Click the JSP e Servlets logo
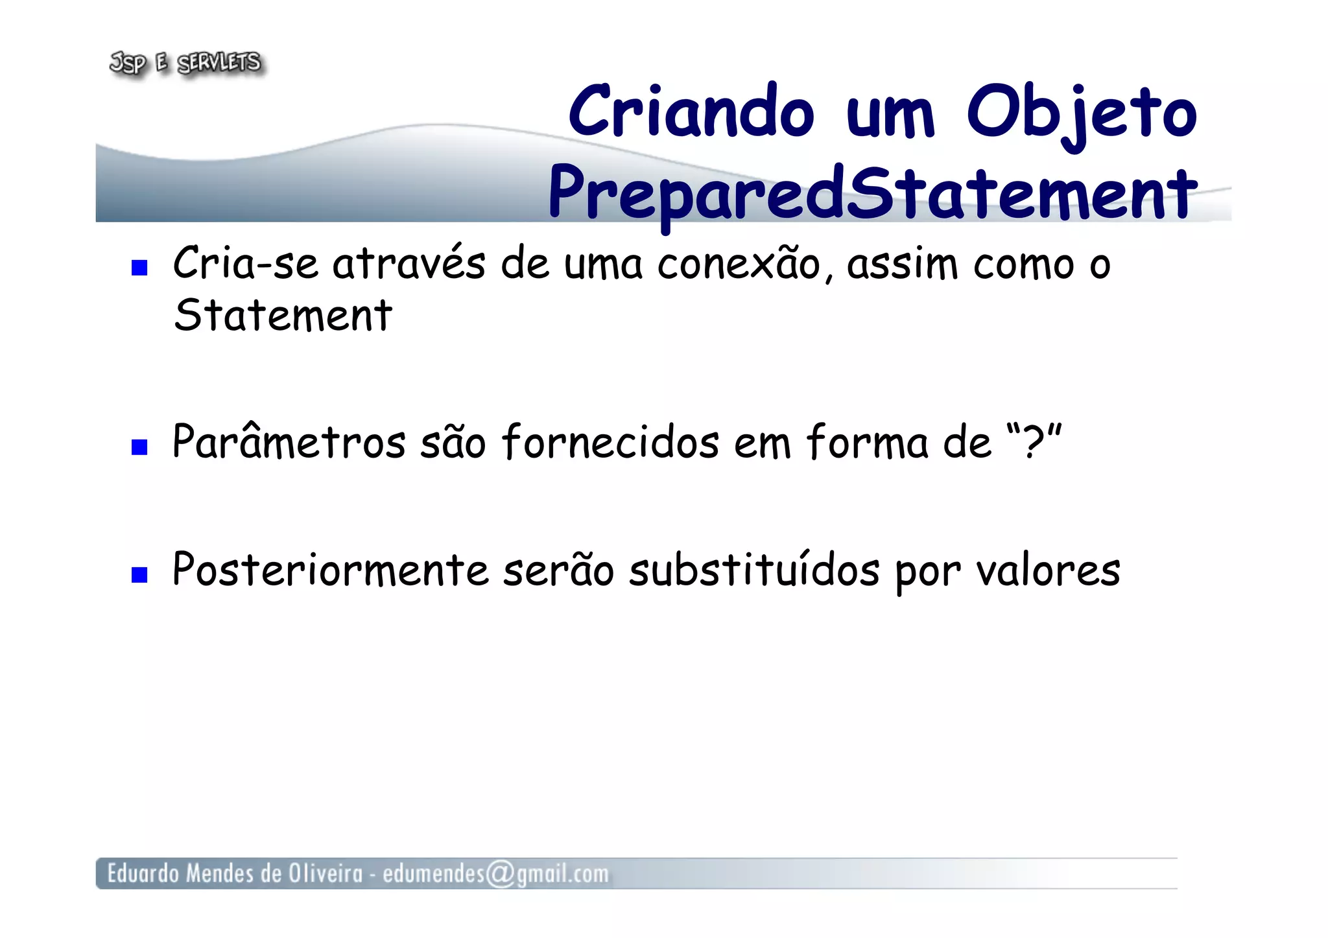tap(186, 63)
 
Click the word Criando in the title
tap(691, 112)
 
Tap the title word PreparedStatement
tap(872, 193)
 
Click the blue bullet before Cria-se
tap(139, 268)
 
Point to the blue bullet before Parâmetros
tap(139, 447)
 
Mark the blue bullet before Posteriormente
tap(139, 574)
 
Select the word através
tap(409, 264)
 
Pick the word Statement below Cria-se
tap(283, 316)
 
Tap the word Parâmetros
tap(289, 442)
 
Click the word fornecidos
tap(610, 442)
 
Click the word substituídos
tap(754, 570)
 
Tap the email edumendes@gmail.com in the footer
tap(496, 874)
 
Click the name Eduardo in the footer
tap(143, 874)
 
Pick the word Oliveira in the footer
tap(326, 874)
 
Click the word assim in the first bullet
tap(902, 264)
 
